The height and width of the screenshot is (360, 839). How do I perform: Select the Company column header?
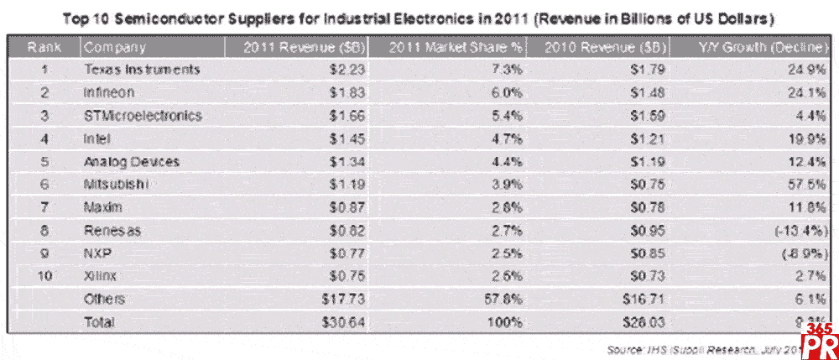115,48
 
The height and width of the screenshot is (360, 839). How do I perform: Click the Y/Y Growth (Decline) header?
764,48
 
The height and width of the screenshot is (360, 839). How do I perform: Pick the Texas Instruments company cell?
143,70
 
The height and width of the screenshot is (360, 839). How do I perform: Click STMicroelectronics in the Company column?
143,116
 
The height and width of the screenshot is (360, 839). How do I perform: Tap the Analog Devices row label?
133,161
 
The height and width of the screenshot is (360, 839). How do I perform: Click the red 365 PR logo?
818,340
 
